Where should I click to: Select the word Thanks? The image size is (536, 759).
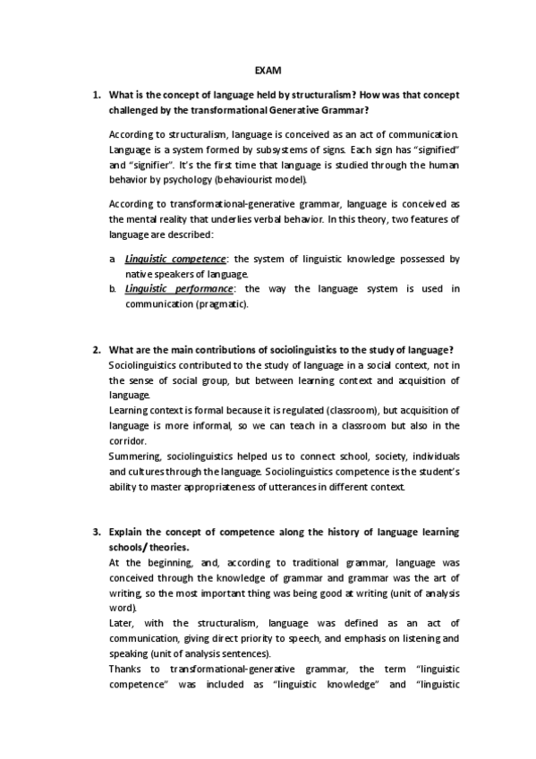[124, 669]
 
